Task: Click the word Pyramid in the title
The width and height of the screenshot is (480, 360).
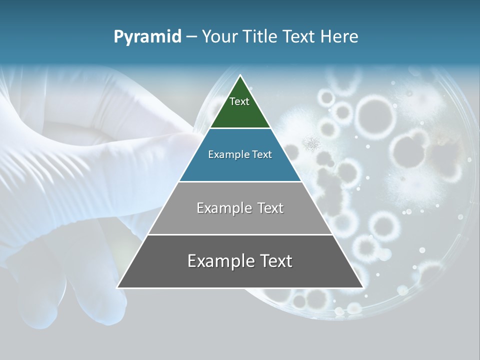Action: tap(147, 37)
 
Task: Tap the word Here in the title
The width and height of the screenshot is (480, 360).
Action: tap(339, 37)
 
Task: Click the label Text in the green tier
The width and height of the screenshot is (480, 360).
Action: tap(239, 101)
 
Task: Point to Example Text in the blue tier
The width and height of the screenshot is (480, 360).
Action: tap(240, 154)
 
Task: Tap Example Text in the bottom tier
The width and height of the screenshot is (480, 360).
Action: tap(240, 261)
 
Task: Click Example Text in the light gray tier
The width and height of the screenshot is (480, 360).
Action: tap(240, 208)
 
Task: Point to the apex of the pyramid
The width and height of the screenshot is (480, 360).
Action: tap(240, 76)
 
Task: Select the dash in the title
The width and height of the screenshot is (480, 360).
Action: tap(191, 37)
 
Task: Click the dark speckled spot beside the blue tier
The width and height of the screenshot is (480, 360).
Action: tap(313, 143)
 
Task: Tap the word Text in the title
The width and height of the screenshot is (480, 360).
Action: tap(298, 37)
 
